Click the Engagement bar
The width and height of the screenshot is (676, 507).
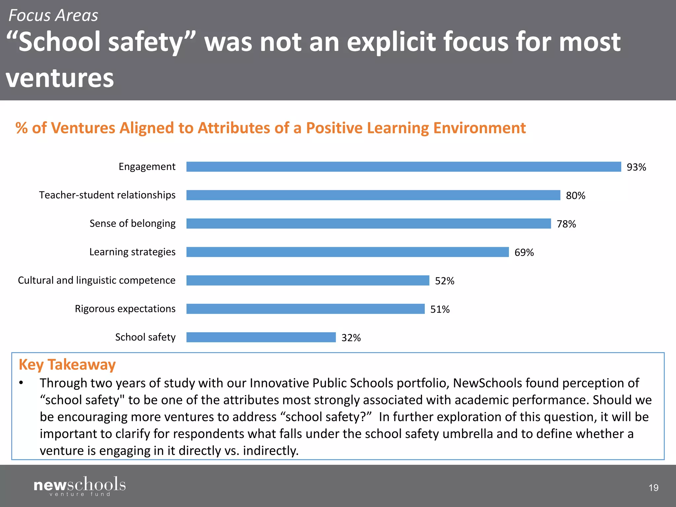point(403,167)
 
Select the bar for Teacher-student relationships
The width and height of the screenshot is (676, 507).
point(373,195)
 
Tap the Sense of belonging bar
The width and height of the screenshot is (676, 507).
point(368,223)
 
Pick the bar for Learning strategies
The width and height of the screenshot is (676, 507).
point(347,252)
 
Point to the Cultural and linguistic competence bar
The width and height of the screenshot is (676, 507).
point(308,280)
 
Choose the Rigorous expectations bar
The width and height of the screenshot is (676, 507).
point(305,309)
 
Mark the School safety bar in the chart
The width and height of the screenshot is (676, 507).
point(261,337)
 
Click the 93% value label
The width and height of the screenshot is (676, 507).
point(636,167)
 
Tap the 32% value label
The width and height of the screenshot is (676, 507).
point(351,338)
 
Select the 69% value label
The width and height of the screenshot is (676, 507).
point(524,253)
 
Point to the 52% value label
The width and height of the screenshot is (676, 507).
point(444,281)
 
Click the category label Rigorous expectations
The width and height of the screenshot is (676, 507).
point(125,309)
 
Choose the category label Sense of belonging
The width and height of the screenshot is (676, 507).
point(132,223)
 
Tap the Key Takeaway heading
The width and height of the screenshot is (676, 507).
point(67,365)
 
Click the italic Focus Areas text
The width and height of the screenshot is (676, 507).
point(53,16)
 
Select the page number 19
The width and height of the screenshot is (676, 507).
point(653,488)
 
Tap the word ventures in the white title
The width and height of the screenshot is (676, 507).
point(60,78)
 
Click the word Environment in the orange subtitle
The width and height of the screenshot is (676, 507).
point(479,128)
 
